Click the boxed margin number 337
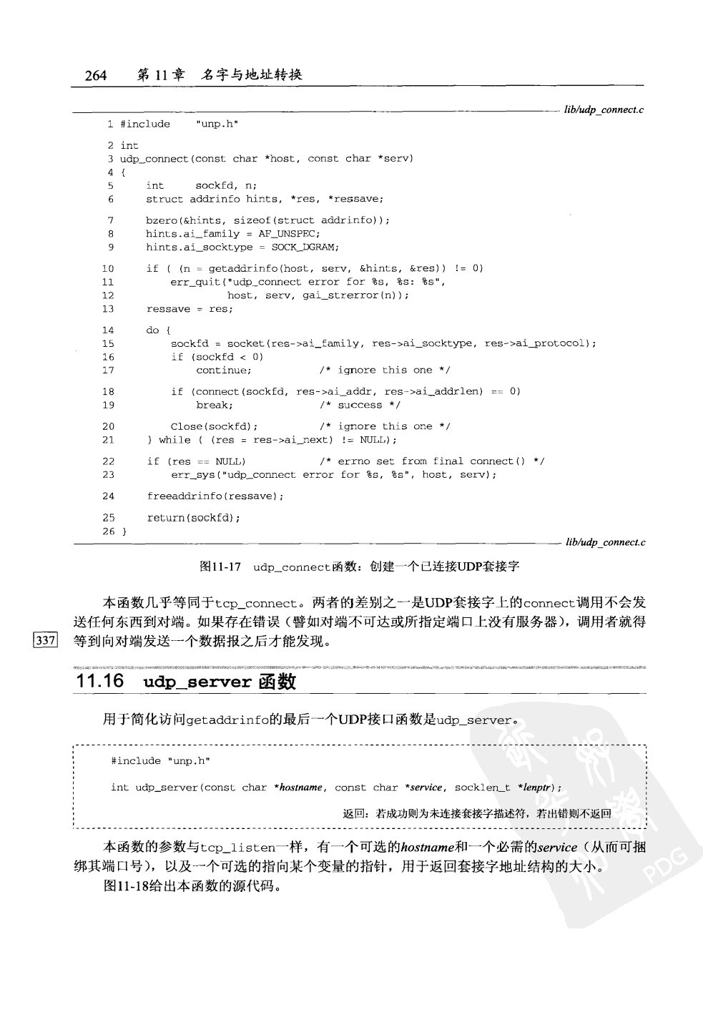pos(44,640)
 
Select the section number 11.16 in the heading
pos(99,681)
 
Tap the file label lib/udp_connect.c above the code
pos(604,109)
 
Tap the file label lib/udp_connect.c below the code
pos(605,543)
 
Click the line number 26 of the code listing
pos(108,531)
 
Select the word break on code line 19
pos(212,405)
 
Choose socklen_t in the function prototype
pos(483,788)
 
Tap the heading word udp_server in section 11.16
pos(197,682)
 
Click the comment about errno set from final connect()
pos(431,461)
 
